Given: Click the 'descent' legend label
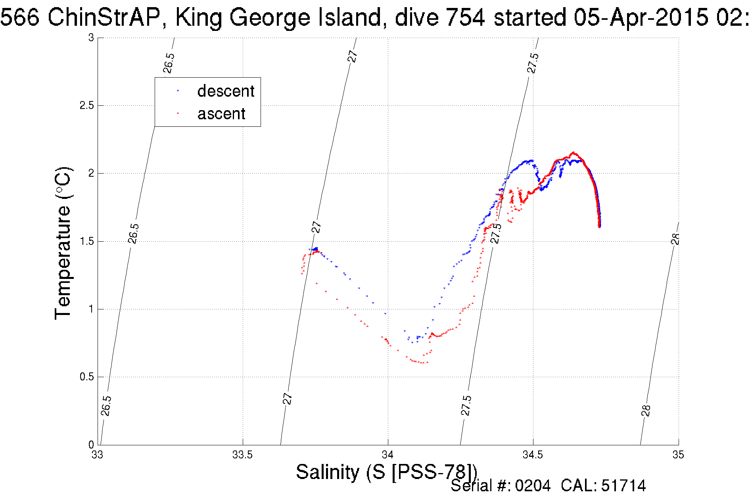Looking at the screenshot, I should (225, 91).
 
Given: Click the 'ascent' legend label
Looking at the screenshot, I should (221, 114).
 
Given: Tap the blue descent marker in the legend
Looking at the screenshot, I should (178, 91).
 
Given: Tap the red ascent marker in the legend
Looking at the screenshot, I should (178, 113).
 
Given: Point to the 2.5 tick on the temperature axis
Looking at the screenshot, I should (86, 105).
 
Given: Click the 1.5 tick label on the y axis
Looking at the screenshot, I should (86, 241).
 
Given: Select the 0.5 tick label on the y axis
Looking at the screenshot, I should (86, 377).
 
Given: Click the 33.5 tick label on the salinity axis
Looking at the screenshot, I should (242, 455).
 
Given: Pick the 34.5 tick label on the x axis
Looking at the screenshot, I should (533, 455).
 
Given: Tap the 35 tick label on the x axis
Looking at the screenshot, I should (678, 455).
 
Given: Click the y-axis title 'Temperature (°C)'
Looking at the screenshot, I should (63, 243).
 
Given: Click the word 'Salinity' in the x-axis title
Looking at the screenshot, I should (327, 472).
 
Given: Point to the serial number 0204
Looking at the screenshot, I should (533, 486).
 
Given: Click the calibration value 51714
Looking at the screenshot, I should (623, 486).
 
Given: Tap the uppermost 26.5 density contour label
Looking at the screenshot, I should (169, 63).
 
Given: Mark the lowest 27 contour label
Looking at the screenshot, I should (288, 398).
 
